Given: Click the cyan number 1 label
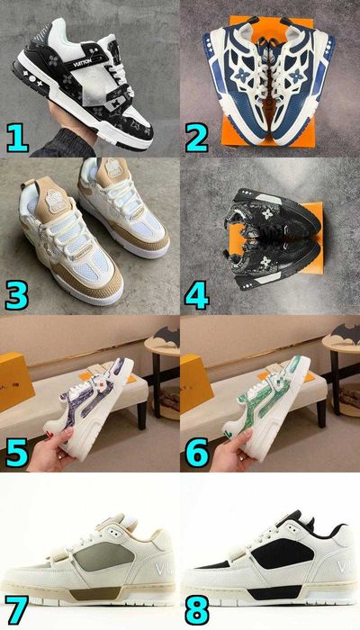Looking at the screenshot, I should coord(19,137).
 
